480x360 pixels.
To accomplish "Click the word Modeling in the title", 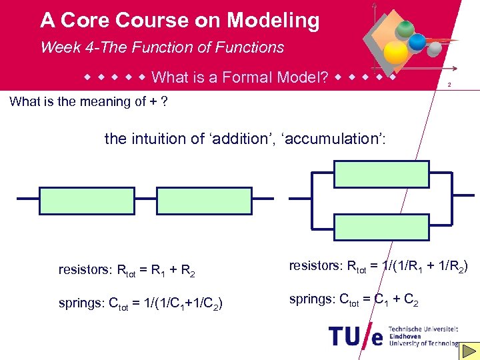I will tap(273, 21).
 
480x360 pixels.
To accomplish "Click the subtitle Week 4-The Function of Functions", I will tap(162, 47).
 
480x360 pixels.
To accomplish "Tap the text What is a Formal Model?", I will tap(240, 77).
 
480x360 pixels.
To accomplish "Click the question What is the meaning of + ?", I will tap(89, 101).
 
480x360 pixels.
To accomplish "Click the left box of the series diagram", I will tap(77, 199).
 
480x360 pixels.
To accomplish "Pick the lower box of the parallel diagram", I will tap(381, 227).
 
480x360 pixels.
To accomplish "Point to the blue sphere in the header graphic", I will tap(417, 42).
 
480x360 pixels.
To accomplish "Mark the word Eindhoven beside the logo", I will tap(407, 337).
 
